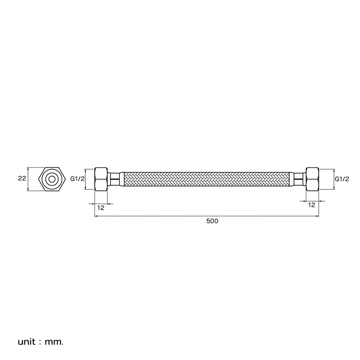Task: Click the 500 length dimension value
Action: [212, 221]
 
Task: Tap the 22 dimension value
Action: [22, 178]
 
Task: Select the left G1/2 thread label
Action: [77, 179]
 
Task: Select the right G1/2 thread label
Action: [342, 179]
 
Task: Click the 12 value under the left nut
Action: [101, 208]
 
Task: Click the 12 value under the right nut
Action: [311, 205]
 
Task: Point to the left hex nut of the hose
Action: [101, 179]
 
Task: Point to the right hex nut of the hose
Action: [312, 179]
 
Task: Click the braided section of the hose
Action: [207, 179]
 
